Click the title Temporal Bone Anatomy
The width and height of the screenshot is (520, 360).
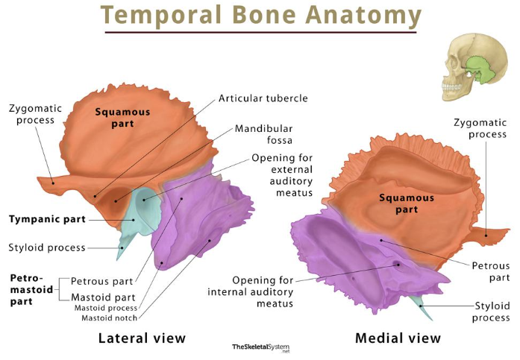pyautogui.click(x=260, y=15)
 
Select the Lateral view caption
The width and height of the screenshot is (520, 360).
pyautogui.click(x=142, y=338)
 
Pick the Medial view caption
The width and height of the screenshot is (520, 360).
pyautogui.click(x=398, y=338)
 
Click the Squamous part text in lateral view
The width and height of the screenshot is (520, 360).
pyautogui.click(x=122, y=119)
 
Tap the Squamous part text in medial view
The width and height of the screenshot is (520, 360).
pyautogui.click(x=406, y=204)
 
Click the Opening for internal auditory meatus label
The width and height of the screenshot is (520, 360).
pyautogui.click(x=251, y=292)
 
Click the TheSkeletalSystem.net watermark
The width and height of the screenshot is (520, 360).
pyautogui.click(x=260, y=347)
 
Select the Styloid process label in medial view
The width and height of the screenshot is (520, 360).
pyautogui.click(x=492, y=312)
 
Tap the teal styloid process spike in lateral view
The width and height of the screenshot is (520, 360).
pyautogui.click(x=122, y=247)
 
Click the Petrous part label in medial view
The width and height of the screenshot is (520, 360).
pyautogui.click(x=490, y=271)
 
